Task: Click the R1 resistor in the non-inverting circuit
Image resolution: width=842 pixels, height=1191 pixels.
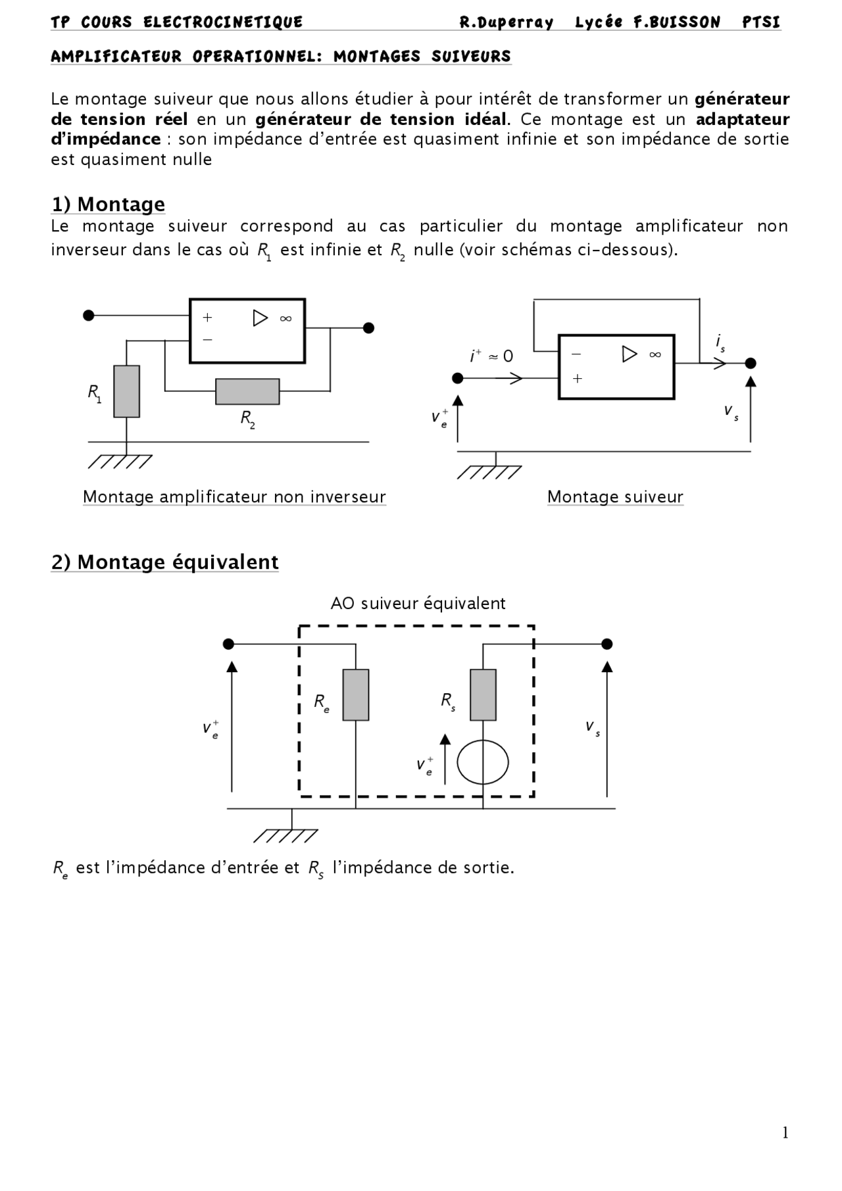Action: [x=126, y=391]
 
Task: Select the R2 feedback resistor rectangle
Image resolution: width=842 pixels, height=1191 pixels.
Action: [x=247, y=391]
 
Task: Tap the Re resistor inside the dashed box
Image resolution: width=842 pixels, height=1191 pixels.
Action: [x=356, y=695]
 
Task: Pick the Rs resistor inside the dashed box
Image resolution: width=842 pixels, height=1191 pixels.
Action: [x=483, y=695]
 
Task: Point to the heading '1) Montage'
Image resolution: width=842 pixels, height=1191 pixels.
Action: [x=109, y=205]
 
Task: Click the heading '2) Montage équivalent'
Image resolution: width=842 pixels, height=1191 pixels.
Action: [x=165, y=562]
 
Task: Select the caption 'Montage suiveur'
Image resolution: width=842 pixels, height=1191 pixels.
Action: [x=615, y=497]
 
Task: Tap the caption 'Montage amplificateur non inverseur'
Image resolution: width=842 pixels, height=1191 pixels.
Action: [x=234, y=497]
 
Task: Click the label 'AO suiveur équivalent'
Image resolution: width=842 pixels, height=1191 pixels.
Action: [x=418, y=604]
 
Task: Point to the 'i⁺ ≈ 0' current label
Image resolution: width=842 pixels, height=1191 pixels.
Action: [x=491, y=356]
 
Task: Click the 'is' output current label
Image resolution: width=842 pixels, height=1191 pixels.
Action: [x=721, y=343]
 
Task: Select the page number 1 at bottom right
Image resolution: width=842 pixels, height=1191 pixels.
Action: [x=785, y=1132]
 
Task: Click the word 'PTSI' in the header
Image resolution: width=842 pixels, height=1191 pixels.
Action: [x=761, y=22]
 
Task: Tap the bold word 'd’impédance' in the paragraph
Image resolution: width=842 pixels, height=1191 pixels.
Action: [x=106, y=139]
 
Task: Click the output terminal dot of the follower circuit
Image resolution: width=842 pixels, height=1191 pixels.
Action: [x=751, y=363]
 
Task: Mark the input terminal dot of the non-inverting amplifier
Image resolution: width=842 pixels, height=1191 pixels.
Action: [x=89, y=316]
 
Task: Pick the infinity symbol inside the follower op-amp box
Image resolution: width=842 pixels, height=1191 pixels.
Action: [x=655, y=354]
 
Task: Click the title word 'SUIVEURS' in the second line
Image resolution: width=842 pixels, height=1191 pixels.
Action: [x=471, y=57]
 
